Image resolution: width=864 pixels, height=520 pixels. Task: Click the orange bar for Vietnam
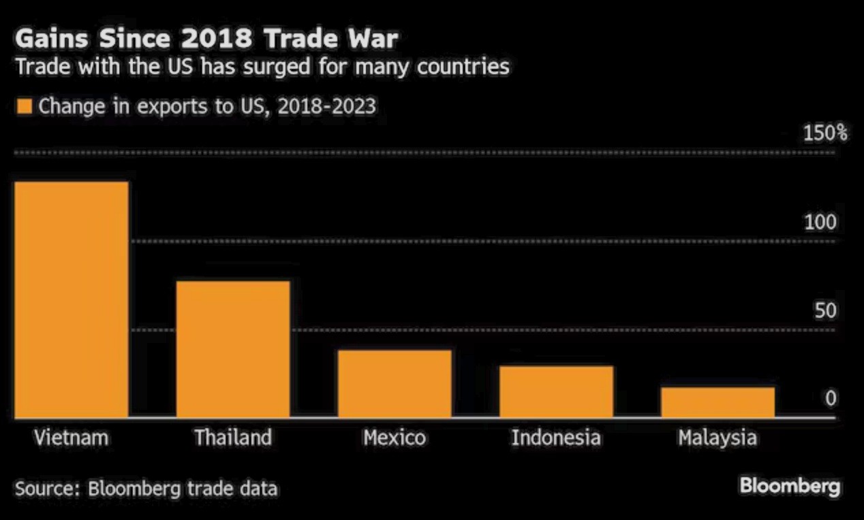click(x=71, y=299)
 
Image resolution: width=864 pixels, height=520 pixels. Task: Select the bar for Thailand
click(x=233, y=348)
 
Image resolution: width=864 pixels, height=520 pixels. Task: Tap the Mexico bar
click(x=395, y=384)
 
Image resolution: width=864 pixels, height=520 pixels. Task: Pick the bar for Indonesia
click(x=556, y=391)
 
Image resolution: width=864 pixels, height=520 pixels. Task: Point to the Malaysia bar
click(x=718, y=402)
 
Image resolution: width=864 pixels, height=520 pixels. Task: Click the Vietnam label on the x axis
click(x=71, y=437)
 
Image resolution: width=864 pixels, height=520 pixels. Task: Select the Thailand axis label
click(x=233, y=437)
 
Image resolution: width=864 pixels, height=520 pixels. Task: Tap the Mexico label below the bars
click(x=395, y=437)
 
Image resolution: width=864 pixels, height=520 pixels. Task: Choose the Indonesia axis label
click(x=556, y=437)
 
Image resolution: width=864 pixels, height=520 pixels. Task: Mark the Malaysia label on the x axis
click(x=718, y=437)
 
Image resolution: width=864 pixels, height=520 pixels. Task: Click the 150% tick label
click(x=824, y=133)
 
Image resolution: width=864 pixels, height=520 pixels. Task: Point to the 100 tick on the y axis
click(x=820, y=222)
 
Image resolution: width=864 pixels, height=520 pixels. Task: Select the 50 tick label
click(x=824, y=310)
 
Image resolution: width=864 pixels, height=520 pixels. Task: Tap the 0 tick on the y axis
click(x=830, y=399)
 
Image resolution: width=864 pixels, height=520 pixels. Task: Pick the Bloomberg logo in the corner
click(x=790, y=487)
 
